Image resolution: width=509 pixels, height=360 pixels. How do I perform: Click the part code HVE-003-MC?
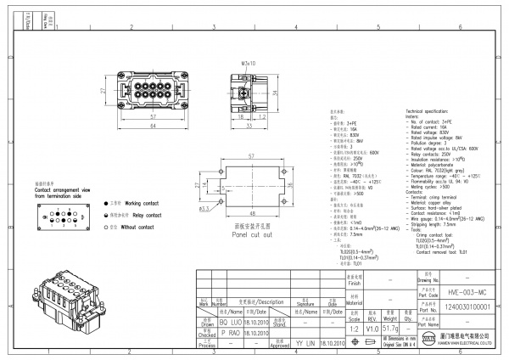(459, 290)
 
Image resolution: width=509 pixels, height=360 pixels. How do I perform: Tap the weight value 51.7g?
(393, 327)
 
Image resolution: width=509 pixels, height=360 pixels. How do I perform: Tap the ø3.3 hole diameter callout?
(204, 207)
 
